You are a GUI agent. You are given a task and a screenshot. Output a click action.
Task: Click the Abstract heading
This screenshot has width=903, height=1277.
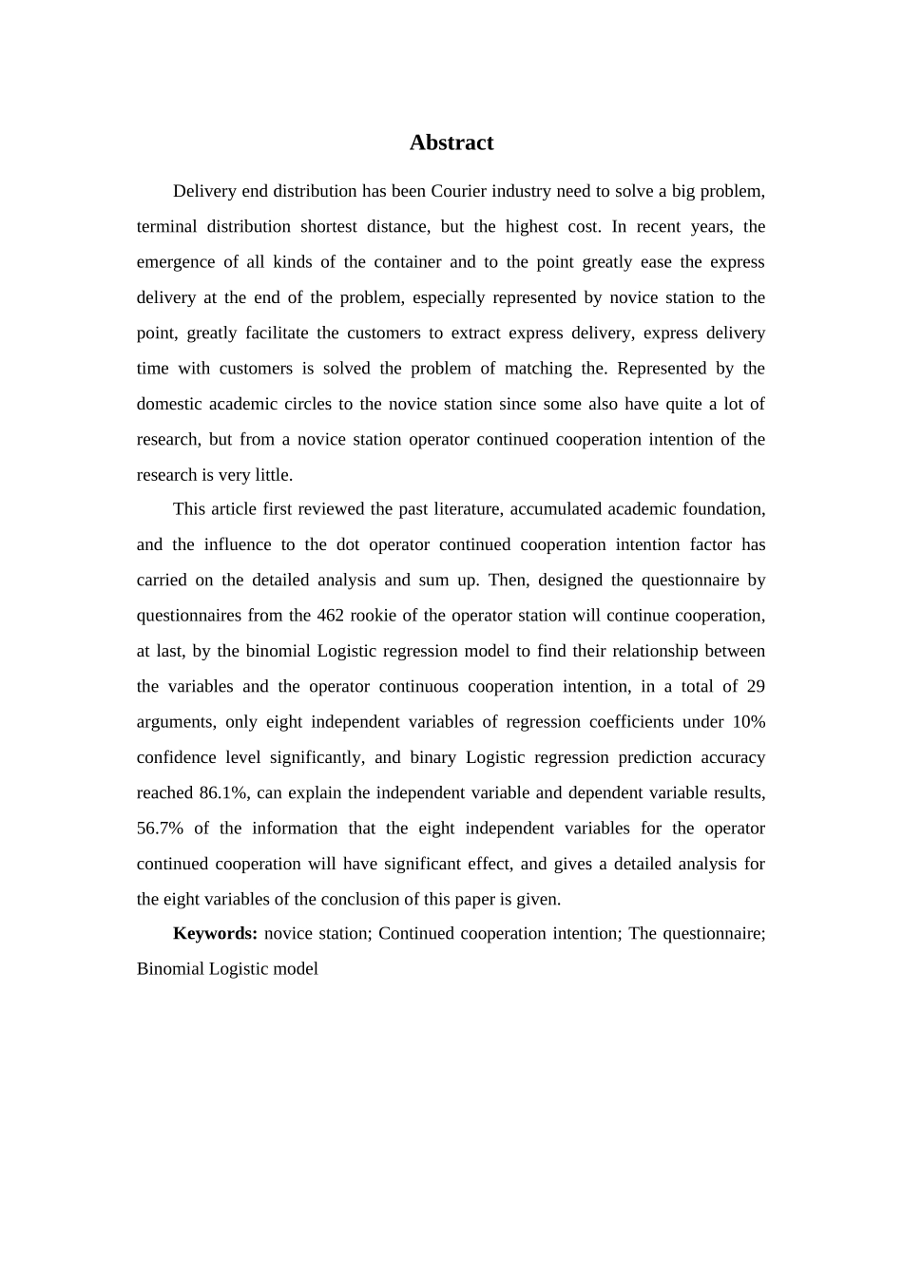[451, 143]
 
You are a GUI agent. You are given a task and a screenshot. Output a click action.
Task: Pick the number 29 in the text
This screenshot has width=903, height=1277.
[756, 686]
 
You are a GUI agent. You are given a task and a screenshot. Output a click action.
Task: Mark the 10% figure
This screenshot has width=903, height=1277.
[748, 721]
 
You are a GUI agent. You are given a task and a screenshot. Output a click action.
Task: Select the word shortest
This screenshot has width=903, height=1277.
[332, 226]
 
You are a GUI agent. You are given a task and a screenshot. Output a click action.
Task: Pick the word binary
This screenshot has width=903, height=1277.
[432, 757]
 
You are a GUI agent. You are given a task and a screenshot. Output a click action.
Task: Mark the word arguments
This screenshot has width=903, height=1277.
[175, 721]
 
